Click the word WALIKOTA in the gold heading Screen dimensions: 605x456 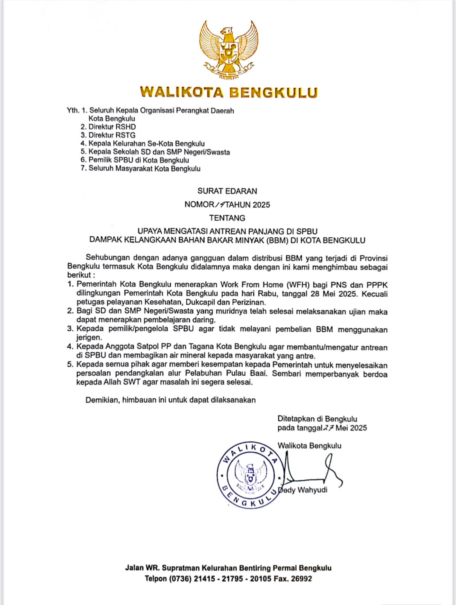[182, 92]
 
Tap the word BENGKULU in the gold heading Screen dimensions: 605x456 [273, 92]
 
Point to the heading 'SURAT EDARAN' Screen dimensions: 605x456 [227, 191]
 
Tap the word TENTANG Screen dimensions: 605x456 [227, 218]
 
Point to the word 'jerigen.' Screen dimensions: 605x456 [89, 338]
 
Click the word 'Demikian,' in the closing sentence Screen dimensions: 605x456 [103, 400]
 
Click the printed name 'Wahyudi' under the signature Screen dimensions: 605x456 [312, 490]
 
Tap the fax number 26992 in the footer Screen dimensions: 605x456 [301, 579]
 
